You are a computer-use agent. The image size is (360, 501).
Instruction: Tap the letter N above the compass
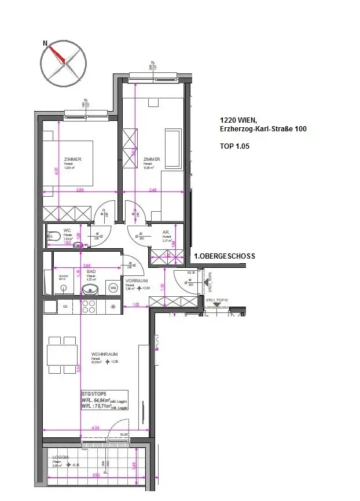45,43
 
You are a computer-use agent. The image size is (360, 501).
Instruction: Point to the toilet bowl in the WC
53,236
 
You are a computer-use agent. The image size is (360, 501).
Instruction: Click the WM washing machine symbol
113,287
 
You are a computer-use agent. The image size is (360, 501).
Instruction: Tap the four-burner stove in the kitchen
89,306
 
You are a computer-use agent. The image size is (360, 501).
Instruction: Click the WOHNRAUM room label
102,354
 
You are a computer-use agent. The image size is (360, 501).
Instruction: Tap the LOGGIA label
61,457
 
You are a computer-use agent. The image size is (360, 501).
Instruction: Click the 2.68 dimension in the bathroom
87,266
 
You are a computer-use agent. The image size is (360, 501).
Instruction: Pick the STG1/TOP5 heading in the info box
93,393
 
